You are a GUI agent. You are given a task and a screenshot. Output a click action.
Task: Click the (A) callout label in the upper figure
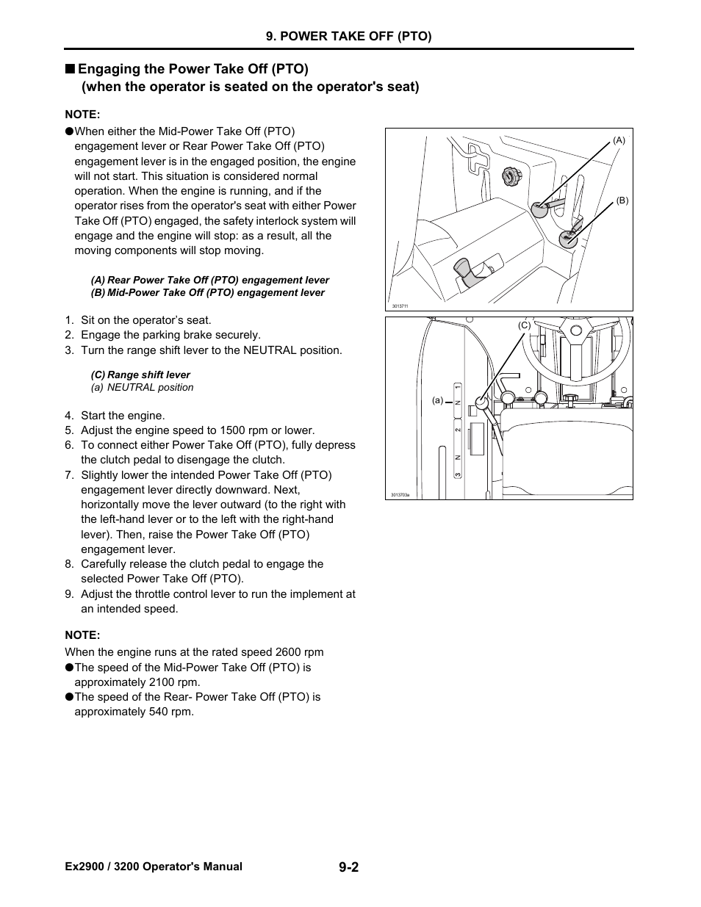tap(619, 140)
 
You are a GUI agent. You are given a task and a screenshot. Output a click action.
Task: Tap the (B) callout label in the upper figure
tap(622, 200)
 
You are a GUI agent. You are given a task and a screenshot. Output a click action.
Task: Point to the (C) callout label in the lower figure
tap(524, 325)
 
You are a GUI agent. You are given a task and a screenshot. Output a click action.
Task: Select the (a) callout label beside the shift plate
tap(438, 400)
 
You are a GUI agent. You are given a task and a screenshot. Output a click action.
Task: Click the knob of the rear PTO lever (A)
tap(539, 209)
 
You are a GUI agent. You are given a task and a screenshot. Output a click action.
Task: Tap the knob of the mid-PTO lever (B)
tap(568, 238)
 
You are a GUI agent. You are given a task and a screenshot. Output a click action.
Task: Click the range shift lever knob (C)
tap(481, 402)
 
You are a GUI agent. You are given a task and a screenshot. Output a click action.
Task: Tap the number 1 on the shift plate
tap(457, 387)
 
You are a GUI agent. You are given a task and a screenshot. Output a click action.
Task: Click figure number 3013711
tap(400, 306)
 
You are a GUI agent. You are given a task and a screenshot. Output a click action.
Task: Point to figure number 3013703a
tap(400, 495)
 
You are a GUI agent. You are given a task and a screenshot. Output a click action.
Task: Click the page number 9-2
tap(349, 867)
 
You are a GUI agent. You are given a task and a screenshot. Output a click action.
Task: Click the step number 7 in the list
tap(68, 475)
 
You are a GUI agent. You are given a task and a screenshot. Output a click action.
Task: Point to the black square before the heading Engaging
tap(69, 69)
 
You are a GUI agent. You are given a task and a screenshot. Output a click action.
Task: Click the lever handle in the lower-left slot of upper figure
tap(467, 273)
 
